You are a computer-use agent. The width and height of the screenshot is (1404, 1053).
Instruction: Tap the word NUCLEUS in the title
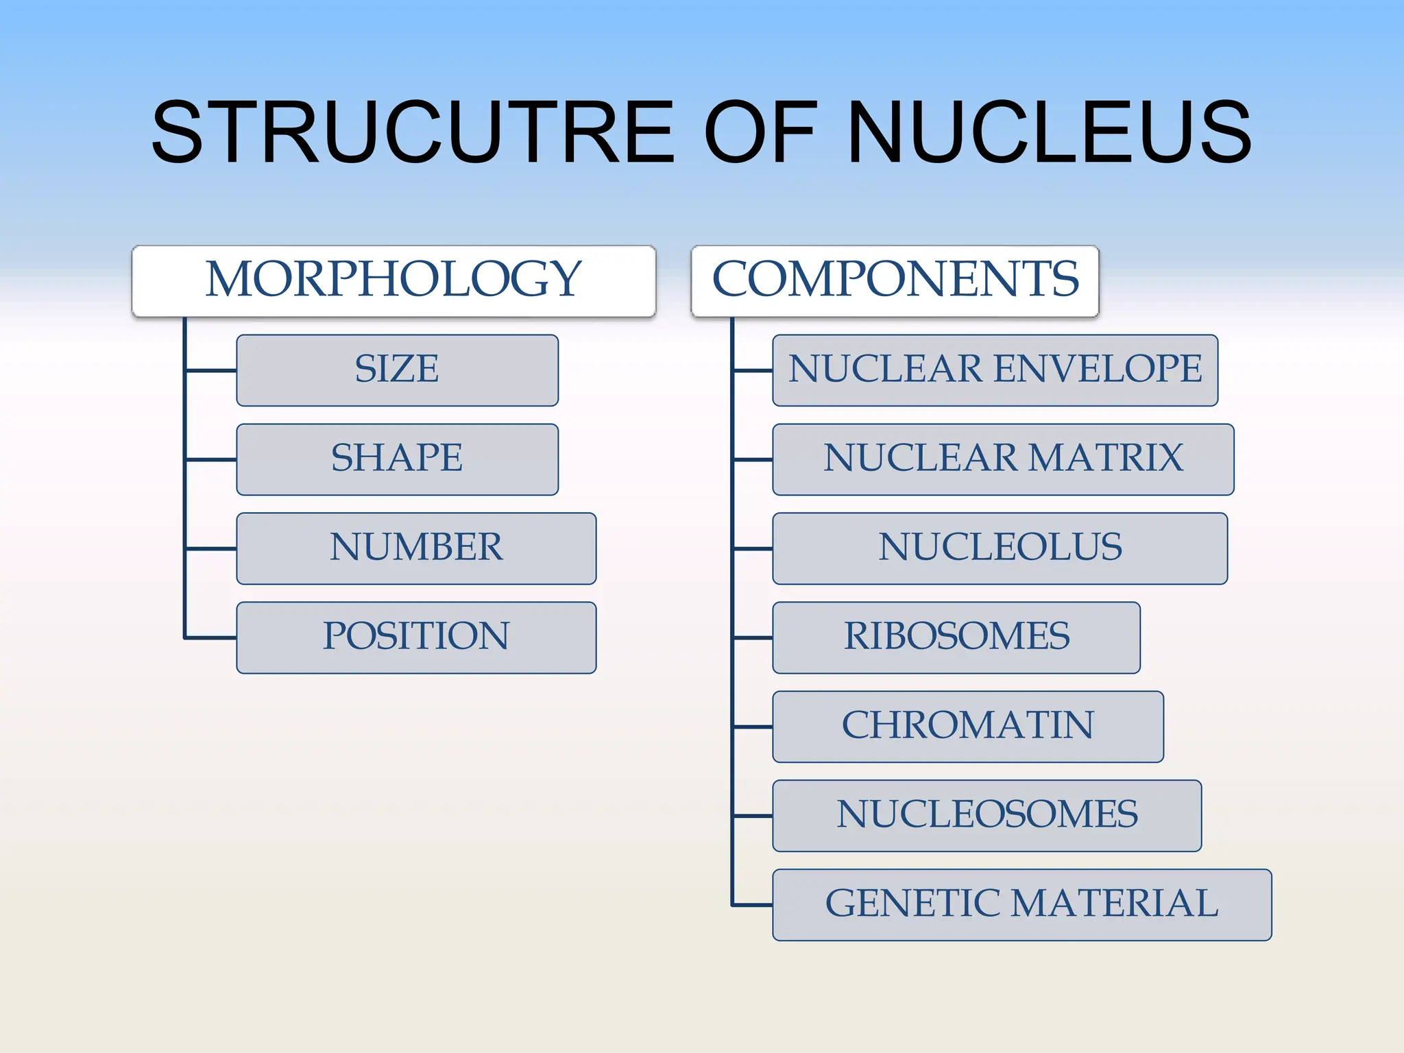(1049, 132)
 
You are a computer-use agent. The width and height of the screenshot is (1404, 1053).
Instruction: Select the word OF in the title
(760, 132)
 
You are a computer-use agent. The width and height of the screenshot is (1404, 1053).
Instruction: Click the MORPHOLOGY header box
(394, 280)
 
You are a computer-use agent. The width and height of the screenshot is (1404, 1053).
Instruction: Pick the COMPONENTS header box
(895, 280)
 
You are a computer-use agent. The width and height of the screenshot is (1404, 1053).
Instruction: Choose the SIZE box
(397, 370)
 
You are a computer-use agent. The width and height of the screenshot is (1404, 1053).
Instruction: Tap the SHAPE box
(397, 459)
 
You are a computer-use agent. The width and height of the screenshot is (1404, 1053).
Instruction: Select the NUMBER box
(416, 548)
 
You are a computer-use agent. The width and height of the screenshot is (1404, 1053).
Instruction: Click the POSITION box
(416, 638)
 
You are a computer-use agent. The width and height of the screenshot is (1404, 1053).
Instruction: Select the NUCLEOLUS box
(1000, 548)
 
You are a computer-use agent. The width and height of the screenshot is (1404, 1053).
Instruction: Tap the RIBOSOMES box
(956, 638)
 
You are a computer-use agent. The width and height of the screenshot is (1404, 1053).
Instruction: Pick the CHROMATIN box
(967, 727)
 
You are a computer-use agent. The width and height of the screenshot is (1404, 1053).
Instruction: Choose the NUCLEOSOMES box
(987, 816)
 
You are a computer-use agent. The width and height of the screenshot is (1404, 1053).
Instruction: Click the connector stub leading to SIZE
(211, 370)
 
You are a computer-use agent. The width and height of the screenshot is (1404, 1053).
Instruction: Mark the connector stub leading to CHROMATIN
(753, 727)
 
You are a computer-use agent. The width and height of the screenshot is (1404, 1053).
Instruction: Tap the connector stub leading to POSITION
(211, 638)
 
